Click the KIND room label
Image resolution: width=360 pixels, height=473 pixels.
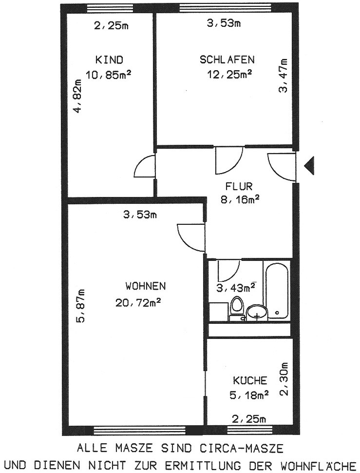pyautogui.click(x=109, y=59)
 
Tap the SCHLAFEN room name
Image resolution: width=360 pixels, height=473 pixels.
pyautogui.click(x=227, y=59)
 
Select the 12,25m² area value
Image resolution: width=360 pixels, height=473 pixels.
pyautogui.click(x=229, y=74)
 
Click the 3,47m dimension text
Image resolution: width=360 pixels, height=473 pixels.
pyautogui.click(x=283, y=75)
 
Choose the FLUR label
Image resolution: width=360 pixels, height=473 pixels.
pyautogui.click(x=239, y=186)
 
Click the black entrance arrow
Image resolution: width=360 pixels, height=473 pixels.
pyautogui.click(x=309, y=165)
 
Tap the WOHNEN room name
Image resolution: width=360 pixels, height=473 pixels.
pyautogui.click(x=146, y=286)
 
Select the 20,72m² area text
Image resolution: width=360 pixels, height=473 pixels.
pyautogui.click(x=138, y=302)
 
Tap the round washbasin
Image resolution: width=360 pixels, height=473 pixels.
pyautogui.click(x=257, y=312)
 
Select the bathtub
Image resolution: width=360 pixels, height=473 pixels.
pyautogui.click(x=277, y=290)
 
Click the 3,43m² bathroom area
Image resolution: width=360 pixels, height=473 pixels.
pyautogui.click(x=236, y=288)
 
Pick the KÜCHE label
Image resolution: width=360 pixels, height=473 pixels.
pyautogui.click(x=250, y=380)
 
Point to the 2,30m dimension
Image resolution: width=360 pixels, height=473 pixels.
pyautogui.click(x=284, y=378)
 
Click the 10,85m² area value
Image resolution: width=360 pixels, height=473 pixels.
pyautogui.click(x=110, y=74)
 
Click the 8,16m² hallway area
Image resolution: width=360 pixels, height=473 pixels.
pyautogui.click(x=240, y=199)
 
